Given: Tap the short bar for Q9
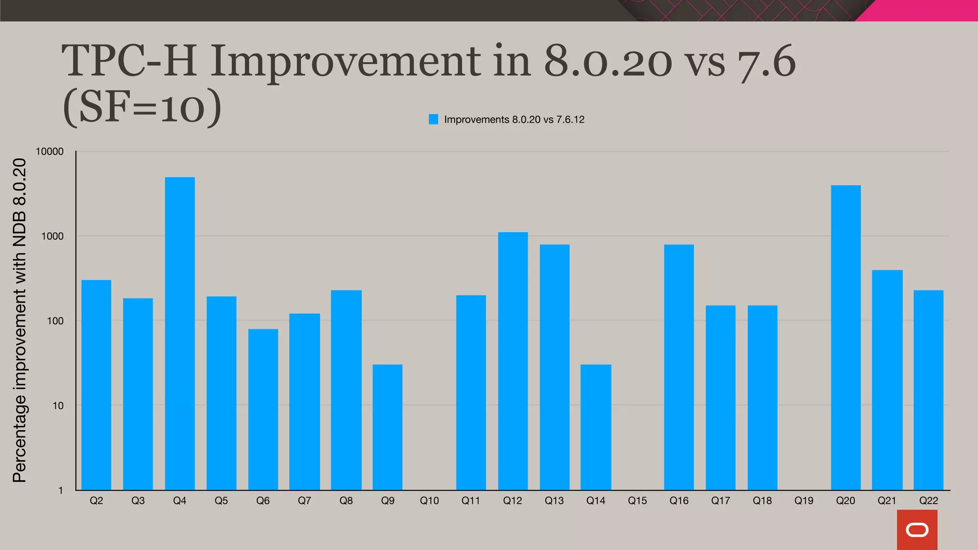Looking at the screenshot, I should point(387,427).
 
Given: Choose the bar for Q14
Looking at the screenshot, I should point(595,427).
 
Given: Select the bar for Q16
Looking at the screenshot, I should point(679,367).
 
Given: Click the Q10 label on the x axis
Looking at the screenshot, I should point(429,501).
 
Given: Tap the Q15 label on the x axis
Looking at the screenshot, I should point(637,501).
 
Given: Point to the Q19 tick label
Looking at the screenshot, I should point(804,501).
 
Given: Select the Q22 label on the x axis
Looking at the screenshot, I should point(928,501).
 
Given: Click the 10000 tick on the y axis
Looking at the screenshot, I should point(50,152).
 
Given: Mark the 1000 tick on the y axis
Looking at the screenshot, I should point(52,236).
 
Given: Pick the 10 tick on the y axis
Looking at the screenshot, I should point(58,406).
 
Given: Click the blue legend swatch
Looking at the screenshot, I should point(434,119).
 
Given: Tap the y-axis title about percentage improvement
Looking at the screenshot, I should point(20,320).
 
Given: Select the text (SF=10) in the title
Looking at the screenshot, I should point(142,107).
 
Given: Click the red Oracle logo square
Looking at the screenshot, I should point(917,529).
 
